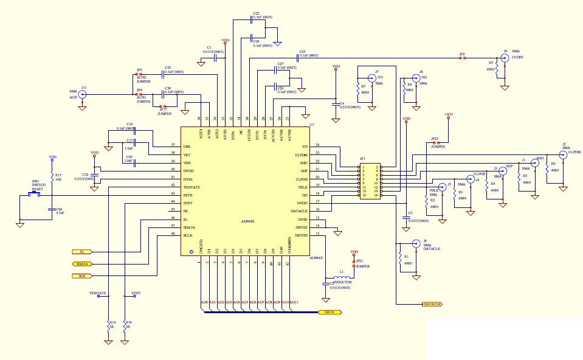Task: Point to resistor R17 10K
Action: click(52, 179)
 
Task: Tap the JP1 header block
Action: click(368, 181)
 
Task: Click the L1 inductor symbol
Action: click(342, 276)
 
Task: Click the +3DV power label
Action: click(449, 114)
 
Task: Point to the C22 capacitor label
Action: click(256, 13)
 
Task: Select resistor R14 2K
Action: click(109, 327)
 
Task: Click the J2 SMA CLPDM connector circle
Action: click(562, 154)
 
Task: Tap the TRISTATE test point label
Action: click(97, 293)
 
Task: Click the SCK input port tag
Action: click(81, 276)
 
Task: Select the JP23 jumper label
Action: click(434, 139)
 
